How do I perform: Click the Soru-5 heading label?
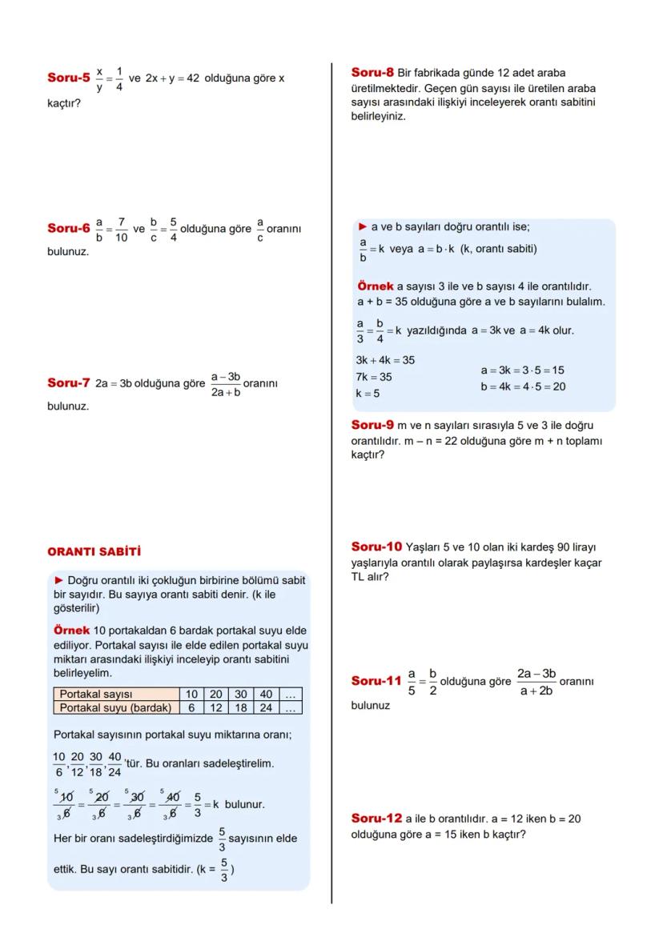click(x=68, y=78)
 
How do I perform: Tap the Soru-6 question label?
click(x=68, y=229)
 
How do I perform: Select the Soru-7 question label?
click(x=68, y=383)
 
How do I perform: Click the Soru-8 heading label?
click(x=373, y=73)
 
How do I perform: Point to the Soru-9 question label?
click(x=373, y=426)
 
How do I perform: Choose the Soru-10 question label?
click(x=376, y=547)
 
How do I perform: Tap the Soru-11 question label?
click(x=376, y=681)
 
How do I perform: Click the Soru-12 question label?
click(x=376, y=819)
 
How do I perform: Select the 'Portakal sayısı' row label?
click(x=96, y=695)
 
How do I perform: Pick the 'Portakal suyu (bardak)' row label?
click(x=115, y=707)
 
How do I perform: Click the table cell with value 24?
click(x=266, y=707)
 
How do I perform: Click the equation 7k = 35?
click(x=374, y=376)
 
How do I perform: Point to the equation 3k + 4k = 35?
click(x=385, y=360)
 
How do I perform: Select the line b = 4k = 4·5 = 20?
click(x=523, y=386)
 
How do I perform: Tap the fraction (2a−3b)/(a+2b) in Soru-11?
click(x=536, y=682)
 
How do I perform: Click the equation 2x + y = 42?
click(x=171, y=78)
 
